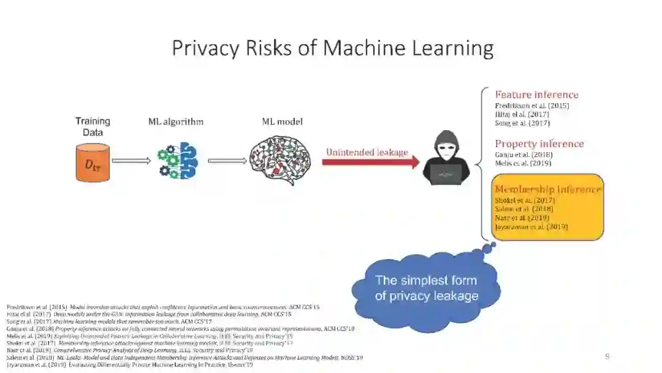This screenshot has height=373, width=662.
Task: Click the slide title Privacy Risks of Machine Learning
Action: [332, 47]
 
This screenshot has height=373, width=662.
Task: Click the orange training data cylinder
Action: [93, 163]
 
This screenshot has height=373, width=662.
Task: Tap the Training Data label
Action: [93, 126]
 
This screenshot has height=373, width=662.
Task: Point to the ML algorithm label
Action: [175, 121]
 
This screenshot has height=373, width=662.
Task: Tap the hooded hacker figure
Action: [446, 158]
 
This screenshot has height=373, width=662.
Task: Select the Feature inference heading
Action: [536, 94]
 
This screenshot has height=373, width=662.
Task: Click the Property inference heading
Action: [539, 144]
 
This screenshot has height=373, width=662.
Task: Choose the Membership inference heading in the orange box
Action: [547, 190]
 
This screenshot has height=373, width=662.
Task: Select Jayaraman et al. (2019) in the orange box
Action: [531, 226]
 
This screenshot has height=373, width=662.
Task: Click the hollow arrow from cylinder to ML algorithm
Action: [131, 161]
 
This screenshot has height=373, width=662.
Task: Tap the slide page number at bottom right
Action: [607, 356]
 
